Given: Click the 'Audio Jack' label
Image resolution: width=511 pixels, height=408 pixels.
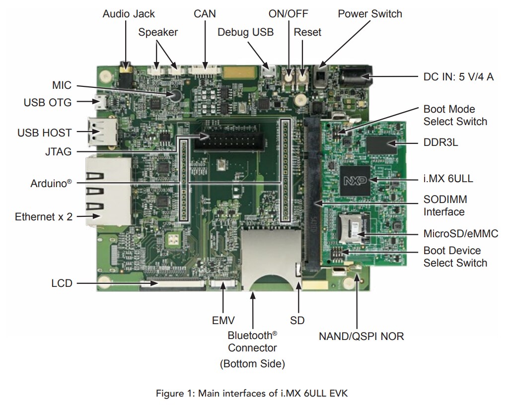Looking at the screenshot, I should click(x=129, y=13).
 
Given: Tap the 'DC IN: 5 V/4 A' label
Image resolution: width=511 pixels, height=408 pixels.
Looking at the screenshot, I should click(x=455, y=77).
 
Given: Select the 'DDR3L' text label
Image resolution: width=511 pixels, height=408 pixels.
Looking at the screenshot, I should click(x=441, y=143).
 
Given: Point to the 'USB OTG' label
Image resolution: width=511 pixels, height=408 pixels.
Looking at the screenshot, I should click(x=48, y=103).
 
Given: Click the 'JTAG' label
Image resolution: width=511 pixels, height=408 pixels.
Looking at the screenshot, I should click(x=58, y=152).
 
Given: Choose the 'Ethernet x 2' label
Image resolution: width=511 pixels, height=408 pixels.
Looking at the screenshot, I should click(x=44, y=216).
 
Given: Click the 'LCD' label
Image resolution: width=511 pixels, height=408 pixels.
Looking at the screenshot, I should click(x=62, y=283).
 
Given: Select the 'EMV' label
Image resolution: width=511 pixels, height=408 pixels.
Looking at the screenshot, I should click(x=223, y=320).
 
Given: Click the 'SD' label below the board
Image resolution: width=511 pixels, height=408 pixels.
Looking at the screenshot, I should click(x=297, y=320).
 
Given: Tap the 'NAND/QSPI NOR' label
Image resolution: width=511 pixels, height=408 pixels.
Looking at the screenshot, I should click(x=361, y=337).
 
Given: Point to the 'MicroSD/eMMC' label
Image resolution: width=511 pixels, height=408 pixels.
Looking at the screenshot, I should click(x=456, y=234).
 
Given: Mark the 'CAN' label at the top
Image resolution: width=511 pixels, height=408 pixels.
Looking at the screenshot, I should click(x=205, y=13).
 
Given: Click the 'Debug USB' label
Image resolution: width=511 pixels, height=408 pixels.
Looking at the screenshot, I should click(x=245, y=32).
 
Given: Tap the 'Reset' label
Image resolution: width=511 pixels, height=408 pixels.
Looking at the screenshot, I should click(x=307, y=32).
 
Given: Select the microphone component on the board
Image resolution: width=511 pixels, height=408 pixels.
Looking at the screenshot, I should click(x=174, y=95).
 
